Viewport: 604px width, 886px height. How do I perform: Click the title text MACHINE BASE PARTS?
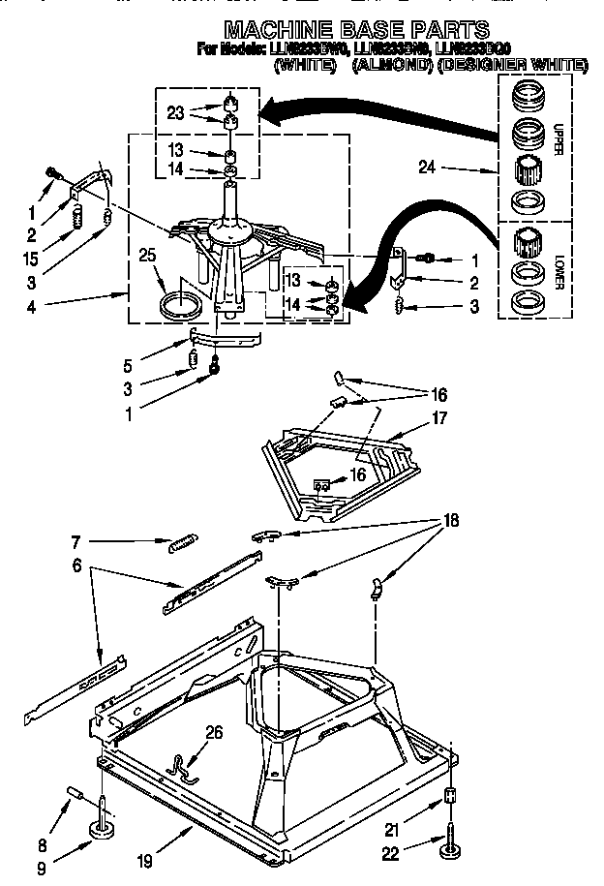tap(356, 30)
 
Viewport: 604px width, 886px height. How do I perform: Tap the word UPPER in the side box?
tap(559, 139)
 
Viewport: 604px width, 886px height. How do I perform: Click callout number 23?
tap(175, 112)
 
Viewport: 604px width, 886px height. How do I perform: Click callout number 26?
tap(214, 732)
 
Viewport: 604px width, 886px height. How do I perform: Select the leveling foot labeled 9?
tap(101, 826)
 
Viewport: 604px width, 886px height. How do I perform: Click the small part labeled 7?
tap(185, 544)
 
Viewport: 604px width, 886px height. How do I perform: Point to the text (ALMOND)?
tap(387, 65)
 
